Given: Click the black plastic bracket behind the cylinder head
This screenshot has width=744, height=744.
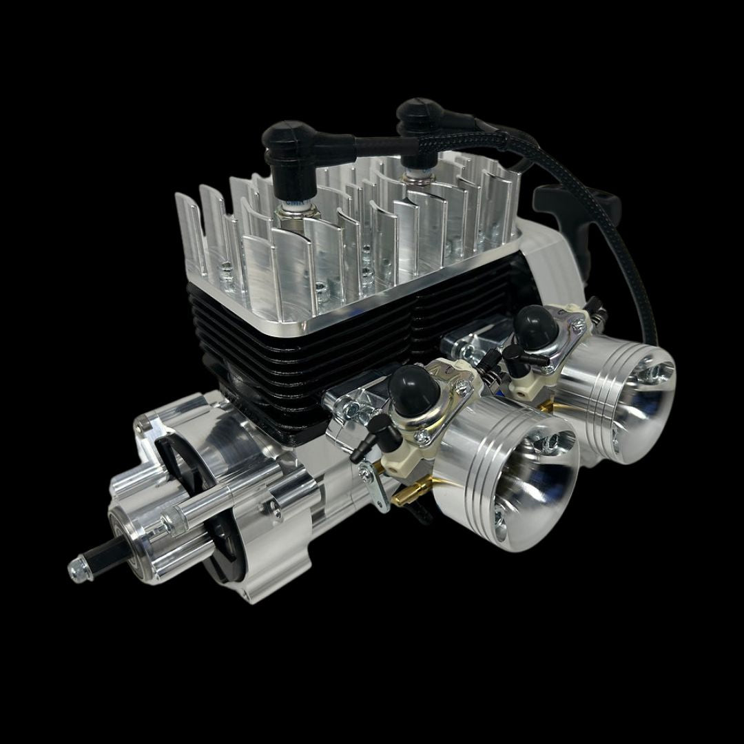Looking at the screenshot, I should (558, 203).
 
